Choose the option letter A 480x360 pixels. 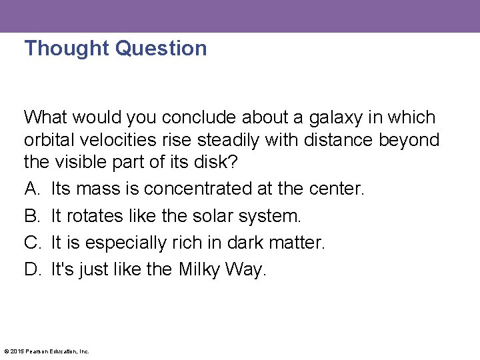32,189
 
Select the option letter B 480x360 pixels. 32,216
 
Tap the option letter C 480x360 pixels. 33,243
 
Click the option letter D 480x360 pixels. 33,269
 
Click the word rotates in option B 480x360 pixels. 90,216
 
